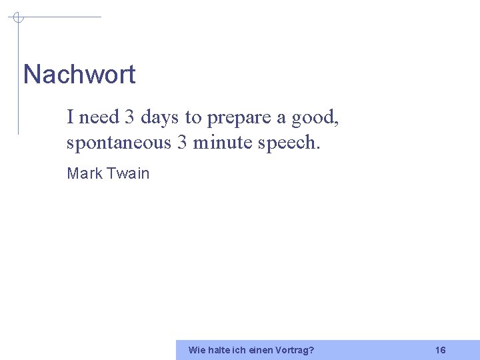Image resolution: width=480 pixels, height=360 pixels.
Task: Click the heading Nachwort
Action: (79, 74)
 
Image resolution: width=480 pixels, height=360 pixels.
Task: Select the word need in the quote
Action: (99, 117)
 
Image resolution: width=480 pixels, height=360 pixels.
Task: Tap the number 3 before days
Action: (129, 117)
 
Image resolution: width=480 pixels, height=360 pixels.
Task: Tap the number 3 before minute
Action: (182, 143)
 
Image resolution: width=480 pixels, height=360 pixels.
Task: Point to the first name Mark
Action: (85, 173)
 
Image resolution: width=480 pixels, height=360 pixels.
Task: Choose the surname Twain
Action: (128, 173)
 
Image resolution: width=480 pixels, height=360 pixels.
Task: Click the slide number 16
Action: (440, 350)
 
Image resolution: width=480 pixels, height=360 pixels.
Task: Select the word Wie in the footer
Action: (197, 350)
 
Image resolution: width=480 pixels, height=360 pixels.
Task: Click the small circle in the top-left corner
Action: (18, 17)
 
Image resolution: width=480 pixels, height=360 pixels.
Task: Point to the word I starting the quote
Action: (70, 117)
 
